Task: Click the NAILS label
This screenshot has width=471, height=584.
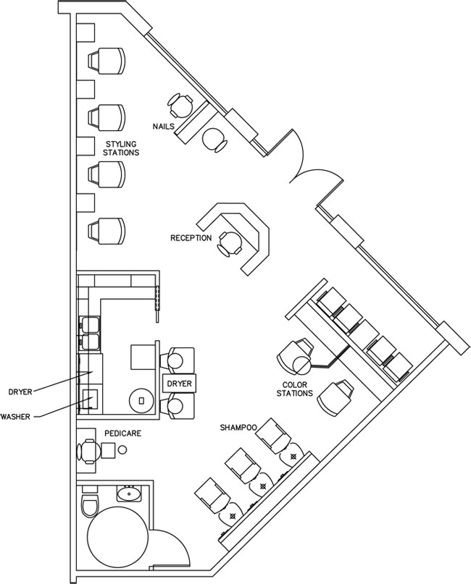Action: (x=163, y=126)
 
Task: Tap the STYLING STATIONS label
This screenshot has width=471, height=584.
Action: (x=121, y=148)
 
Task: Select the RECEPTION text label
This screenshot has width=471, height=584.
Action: (x=191, y=238)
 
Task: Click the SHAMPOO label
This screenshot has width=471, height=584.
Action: (x=238, y=428)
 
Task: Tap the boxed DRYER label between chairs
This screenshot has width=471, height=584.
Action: (x=178, y=384)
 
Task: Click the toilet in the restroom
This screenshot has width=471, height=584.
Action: (x=89, y=504)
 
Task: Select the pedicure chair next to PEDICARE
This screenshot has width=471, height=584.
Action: (x=88, y=452)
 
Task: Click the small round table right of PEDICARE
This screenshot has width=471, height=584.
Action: (x=122, y=450)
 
